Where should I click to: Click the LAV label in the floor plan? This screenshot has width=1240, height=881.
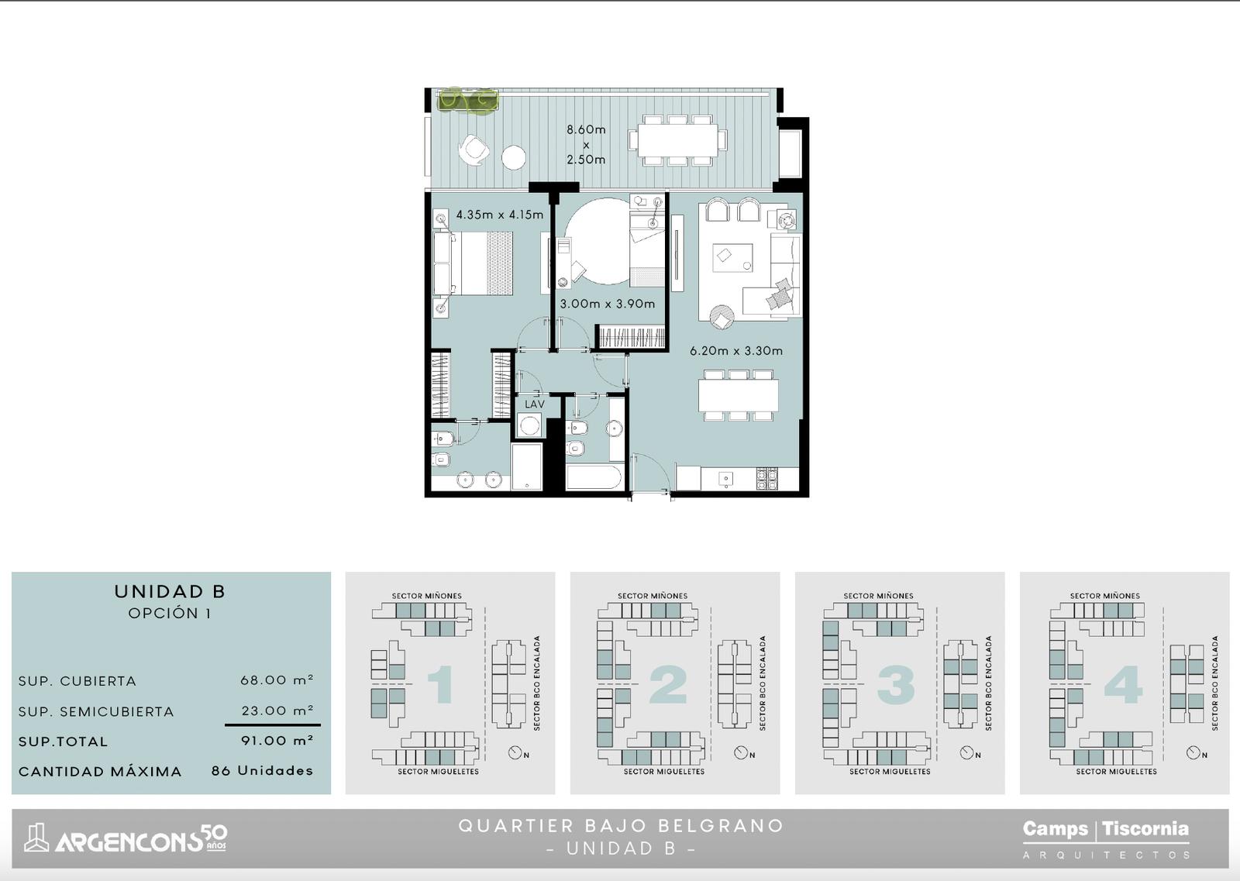pyautogui.click(x=534, y=404)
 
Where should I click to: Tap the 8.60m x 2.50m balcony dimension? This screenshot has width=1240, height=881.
pyautogui.click(x=586, y=144)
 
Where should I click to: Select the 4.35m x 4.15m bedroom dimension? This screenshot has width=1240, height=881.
pyautogui.click(x=499, y=214)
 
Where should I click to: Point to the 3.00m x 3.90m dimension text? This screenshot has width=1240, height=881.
pyautogui.click(x=608, y=303)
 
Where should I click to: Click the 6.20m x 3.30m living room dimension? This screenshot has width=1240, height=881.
pyautogui.click(x=735, y=350)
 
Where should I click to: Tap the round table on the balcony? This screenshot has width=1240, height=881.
pyautogui.click(x=514, y=157)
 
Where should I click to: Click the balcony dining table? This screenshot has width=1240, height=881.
pyautogui.click(x=677, y=140)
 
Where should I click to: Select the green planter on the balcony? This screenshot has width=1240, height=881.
pyautogui.click(x=468, y=100)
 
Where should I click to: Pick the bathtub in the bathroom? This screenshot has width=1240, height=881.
pyautogui.click(x=594, y=477)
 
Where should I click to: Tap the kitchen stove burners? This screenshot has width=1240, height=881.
pyautogui.click(x=766, y=479)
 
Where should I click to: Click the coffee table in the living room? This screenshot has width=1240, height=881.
pyautogui.click(x=732, y=258)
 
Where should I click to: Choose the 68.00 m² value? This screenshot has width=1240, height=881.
pyautogui.click(x=277, y=680)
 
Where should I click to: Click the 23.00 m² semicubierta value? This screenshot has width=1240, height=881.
pyautogui.click(x=277, y=710)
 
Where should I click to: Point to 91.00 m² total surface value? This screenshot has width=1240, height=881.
pyautogui.click(x=277, y=740)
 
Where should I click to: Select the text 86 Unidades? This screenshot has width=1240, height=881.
pyautogui.click(x=262, y=770)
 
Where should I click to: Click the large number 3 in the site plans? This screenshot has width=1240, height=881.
pyautogui.click(x=896, y=684)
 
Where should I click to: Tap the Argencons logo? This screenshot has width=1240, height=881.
pyautogui.click(x=126, y=839)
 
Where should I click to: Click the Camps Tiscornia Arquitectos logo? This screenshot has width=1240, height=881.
pyautogui.click(x=1105, y=839)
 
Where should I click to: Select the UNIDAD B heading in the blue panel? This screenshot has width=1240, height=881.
pyautogui.click(x=170, y=591)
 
